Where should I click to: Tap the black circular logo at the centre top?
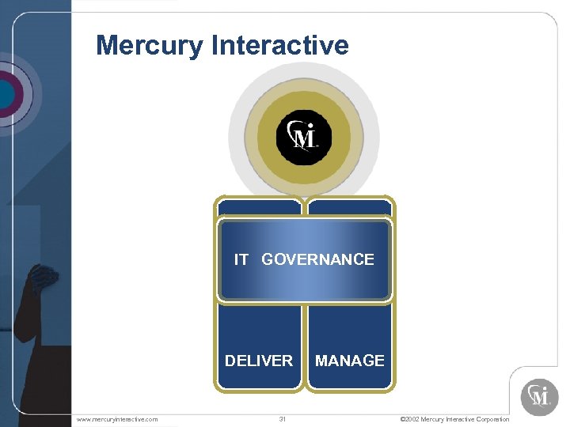click(303, 137)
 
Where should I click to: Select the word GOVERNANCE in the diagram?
click(317, 259)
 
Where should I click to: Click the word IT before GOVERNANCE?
click(241, 259)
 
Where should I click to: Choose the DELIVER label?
click(259, 361)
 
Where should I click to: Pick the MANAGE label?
click(350, 361)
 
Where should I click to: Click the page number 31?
click(282, 419)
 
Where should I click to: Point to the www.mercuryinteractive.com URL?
click(116, 419)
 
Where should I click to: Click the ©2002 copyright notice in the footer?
click(454, 419)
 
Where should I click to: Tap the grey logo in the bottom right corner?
click(539, 396)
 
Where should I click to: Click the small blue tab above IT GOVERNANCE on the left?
click(259, 207)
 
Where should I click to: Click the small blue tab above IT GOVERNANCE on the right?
click(350, 207)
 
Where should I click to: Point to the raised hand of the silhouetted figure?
click(41, 277)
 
